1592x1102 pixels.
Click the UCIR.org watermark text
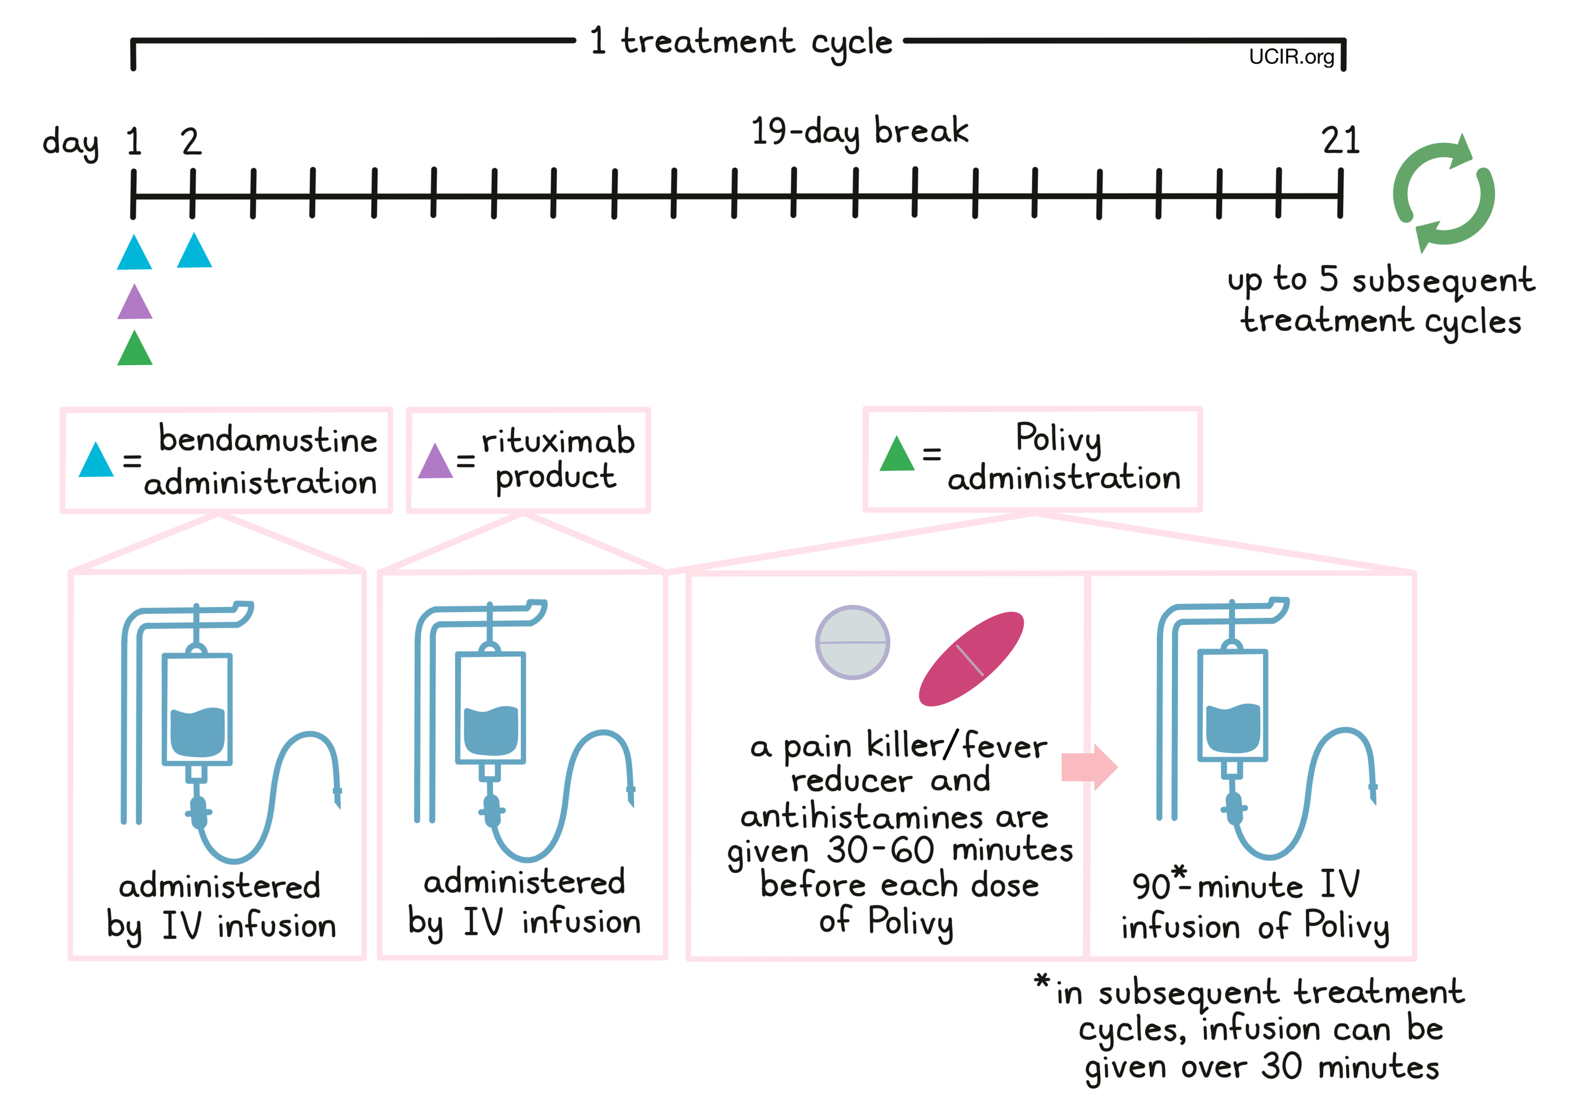pos(1291,56)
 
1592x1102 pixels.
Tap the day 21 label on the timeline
pos(1340,141)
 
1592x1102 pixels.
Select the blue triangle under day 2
pos(194,253)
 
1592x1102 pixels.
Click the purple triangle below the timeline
pos(135,304)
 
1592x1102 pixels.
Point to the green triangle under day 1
pos(135,350)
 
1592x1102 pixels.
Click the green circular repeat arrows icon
pos(1443,194)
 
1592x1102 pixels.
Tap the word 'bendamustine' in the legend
pos(268,439)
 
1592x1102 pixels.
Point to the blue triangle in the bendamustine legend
pos(96,461)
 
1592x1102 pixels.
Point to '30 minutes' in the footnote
pos(1350,1067)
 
